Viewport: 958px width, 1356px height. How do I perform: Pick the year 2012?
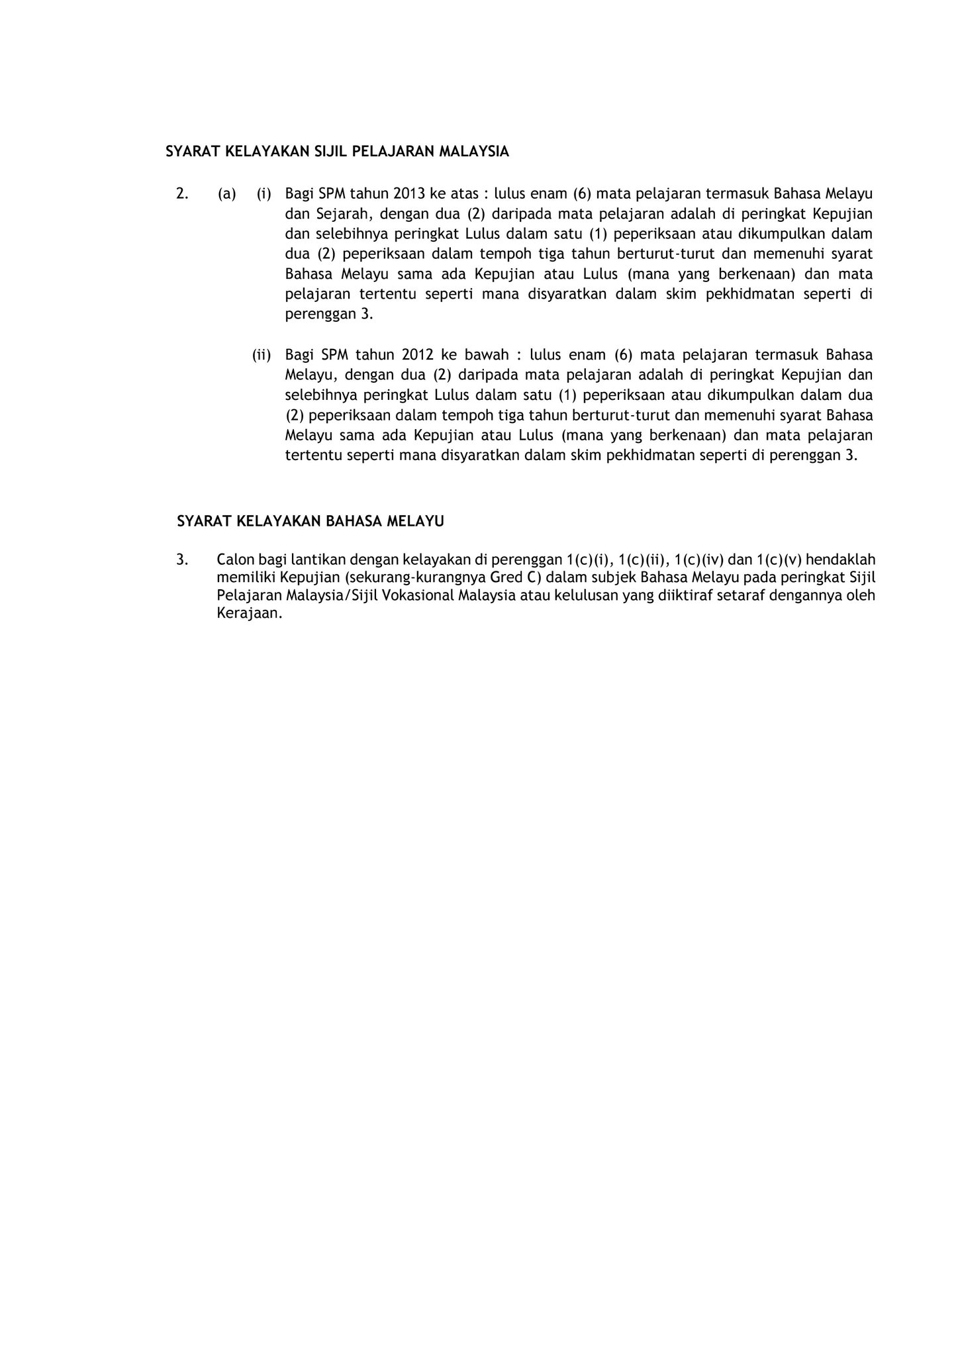(x=417, y=354)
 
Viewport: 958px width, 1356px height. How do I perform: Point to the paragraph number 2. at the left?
(x=182, y=193)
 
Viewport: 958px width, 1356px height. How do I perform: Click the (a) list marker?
(x=226, y=193)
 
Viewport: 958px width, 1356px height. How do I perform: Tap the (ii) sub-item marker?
(x=262, y=355)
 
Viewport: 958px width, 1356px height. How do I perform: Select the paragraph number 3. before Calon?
(x=182, y=559)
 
